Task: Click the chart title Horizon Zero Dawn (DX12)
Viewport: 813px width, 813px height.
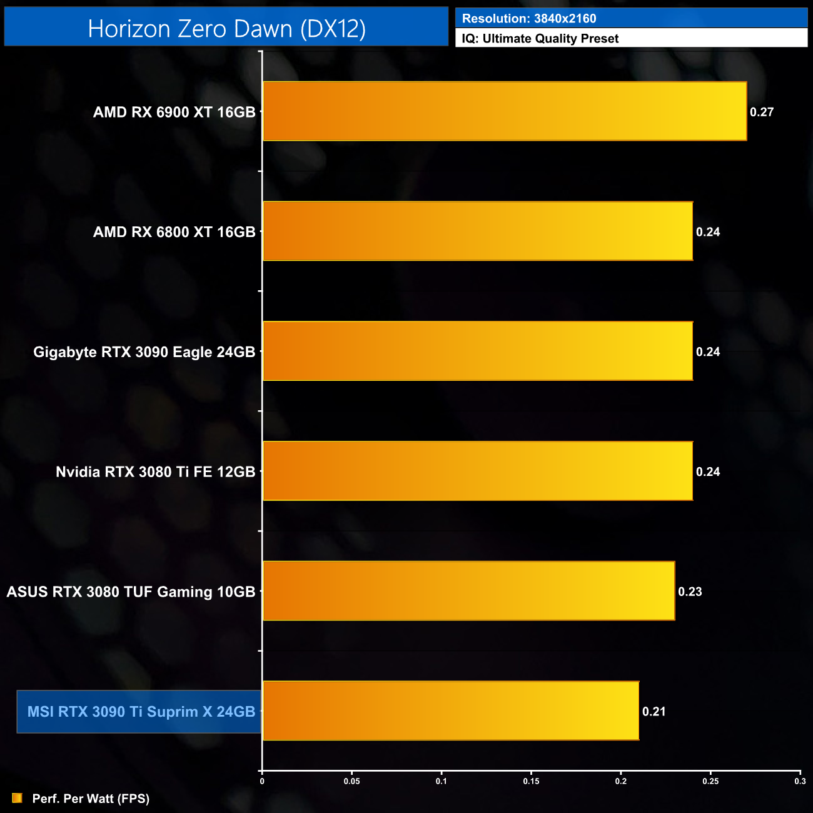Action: click(226, 29)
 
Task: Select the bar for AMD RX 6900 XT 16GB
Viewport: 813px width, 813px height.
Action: click(505, 111)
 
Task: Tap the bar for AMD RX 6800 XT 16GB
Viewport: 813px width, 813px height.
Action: click(478, 231)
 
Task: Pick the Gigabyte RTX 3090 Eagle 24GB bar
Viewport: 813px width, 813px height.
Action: click(478, 351)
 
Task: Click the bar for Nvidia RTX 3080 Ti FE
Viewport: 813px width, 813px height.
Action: click(478, 471)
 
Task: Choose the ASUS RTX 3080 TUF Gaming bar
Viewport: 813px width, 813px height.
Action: click(469, 591)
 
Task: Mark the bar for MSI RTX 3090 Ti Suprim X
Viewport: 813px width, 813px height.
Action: click(451, 710)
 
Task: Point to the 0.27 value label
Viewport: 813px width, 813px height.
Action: click(762, 112)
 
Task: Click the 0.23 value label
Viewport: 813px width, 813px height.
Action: click(690, 592)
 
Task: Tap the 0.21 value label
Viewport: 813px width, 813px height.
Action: click(654, 711)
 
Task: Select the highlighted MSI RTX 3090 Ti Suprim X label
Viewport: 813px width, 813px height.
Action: click(141, 712)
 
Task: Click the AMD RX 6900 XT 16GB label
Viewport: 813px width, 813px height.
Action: click(174, 112)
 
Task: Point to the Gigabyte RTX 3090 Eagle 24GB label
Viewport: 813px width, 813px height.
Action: click(144, 352)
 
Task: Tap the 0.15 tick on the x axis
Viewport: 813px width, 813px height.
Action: click(531, 781)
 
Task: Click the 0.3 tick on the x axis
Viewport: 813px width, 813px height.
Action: click(800, 781)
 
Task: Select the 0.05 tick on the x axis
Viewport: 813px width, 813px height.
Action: click(351, 781)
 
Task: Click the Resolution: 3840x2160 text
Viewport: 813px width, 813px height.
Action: click(529, 19)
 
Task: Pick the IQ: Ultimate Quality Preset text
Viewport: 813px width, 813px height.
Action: click(540, 39)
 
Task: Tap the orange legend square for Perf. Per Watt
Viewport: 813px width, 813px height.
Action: click(17, 798)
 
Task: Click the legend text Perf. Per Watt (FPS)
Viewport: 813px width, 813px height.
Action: click(91, 799)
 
